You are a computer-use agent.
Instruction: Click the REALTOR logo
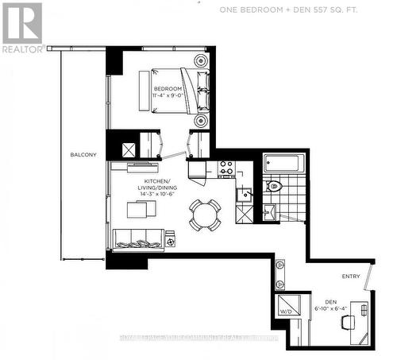pyautogui.click(x=21, y=28)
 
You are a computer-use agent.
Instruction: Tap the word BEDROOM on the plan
pyautogui.click(x=168, y=88)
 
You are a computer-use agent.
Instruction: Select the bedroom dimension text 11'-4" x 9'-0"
pyautogui.click(x=168, y=96)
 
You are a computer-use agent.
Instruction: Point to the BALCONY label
pyautogui.click(x=83, y=154)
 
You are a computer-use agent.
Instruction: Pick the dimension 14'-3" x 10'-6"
pyautogui.click(x=134, y=193)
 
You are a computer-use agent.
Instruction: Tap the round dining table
pyautogui.click(x=205, y=214)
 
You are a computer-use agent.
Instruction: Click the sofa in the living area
pyautogui.click(x=139, y=238)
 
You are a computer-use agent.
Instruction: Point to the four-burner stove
pyautogui.click(x=226, y=168)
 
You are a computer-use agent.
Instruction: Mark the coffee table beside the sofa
pyautogui.click(x=145, y=210)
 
